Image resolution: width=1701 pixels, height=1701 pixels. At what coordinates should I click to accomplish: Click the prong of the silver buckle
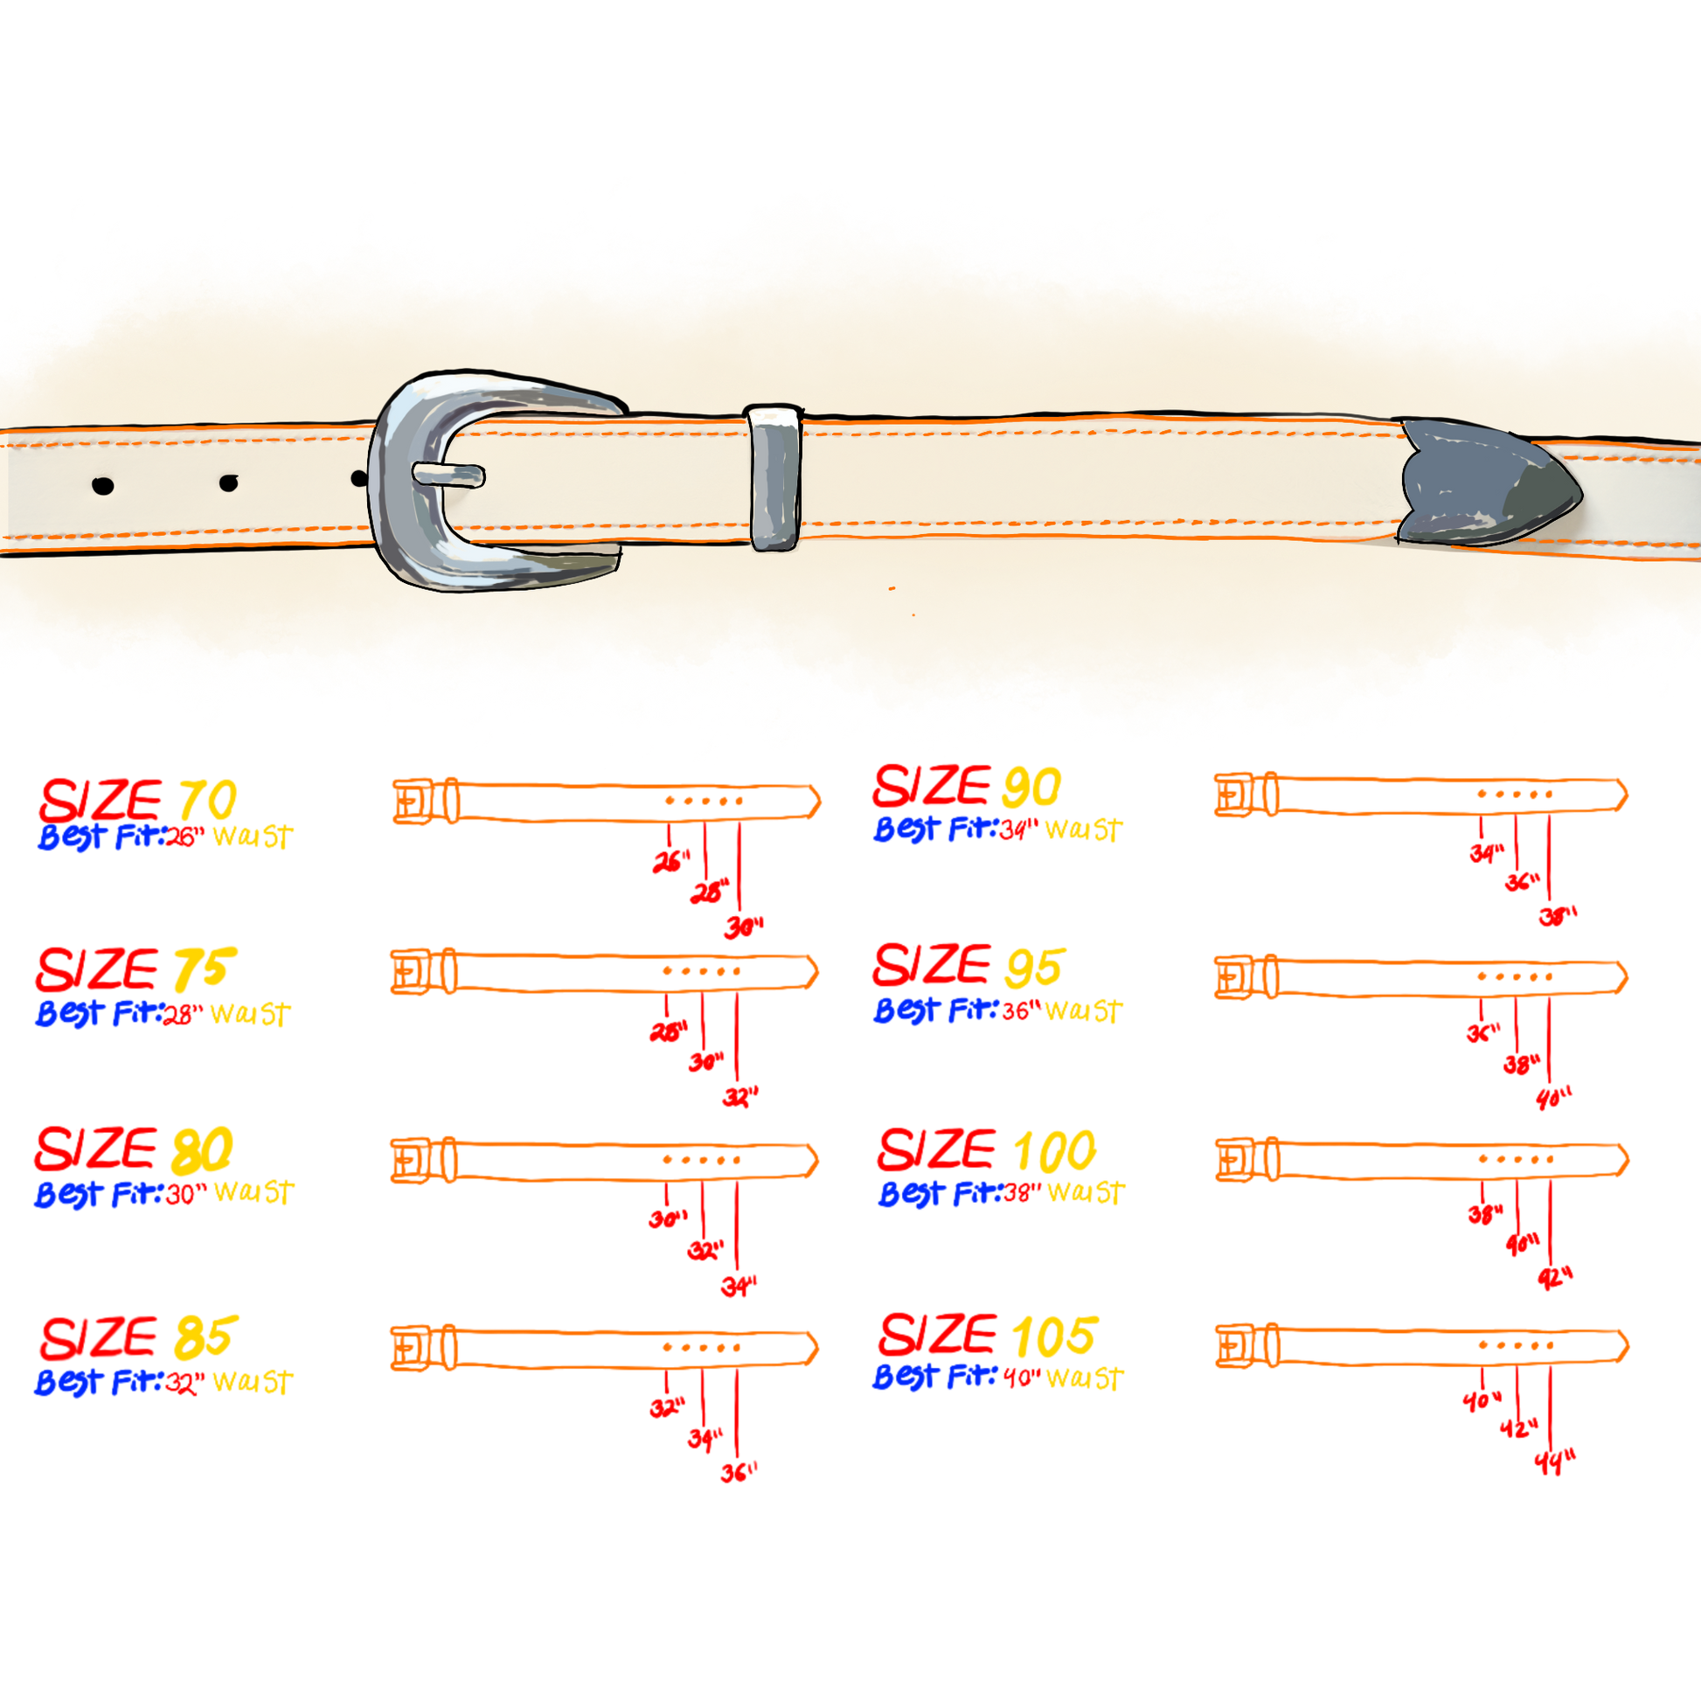point(449,476)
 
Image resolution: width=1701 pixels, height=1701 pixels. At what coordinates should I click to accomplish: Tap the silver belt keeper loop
point(774,477)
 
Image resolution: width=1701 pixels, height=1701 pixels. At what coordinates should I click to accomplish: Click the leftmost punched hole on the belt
point(103,485)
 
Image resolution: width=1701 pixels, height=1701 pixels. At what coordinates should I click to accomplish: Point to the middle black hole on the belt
point(229,483)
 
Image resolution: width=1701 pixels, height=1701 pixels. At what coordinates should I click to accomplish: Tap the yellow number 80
point(203,1149)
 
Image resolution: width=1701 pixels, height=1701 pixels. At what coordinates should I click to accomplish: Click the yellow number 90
point(1031,786)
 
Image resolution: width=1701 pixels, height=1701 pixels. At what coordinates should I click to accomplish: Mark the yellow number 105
point(1053,1336)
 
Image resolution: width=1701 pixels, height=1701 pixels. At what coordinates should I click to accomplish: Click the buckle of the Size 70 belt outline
point(408,802)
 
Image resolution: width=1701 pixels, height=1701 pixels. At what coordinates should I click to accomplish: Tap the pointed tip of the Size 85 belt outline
point(812,1347)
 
